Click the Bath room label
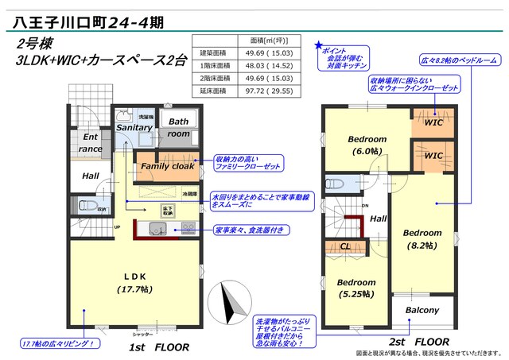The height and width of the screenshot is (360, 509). pos(178,128)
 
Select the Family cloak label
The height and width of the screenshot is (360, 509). pos(167,166)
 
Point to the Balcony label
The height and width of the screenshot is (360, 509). pos(422,310)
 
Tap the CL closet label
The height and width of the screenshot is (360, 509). pos(344,246)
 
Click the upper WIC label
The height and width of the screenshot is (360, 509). pos(433,123)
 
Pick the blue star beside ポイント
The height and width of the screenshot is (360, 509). pos(319,45)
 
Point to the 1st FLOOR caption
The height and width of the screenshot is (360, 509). pos(160,347)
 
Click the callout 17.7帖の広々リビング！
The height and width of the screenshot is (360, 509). pos(60,343)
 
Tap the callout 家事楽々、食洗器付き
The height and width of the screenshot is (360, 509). pos(250,230)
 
